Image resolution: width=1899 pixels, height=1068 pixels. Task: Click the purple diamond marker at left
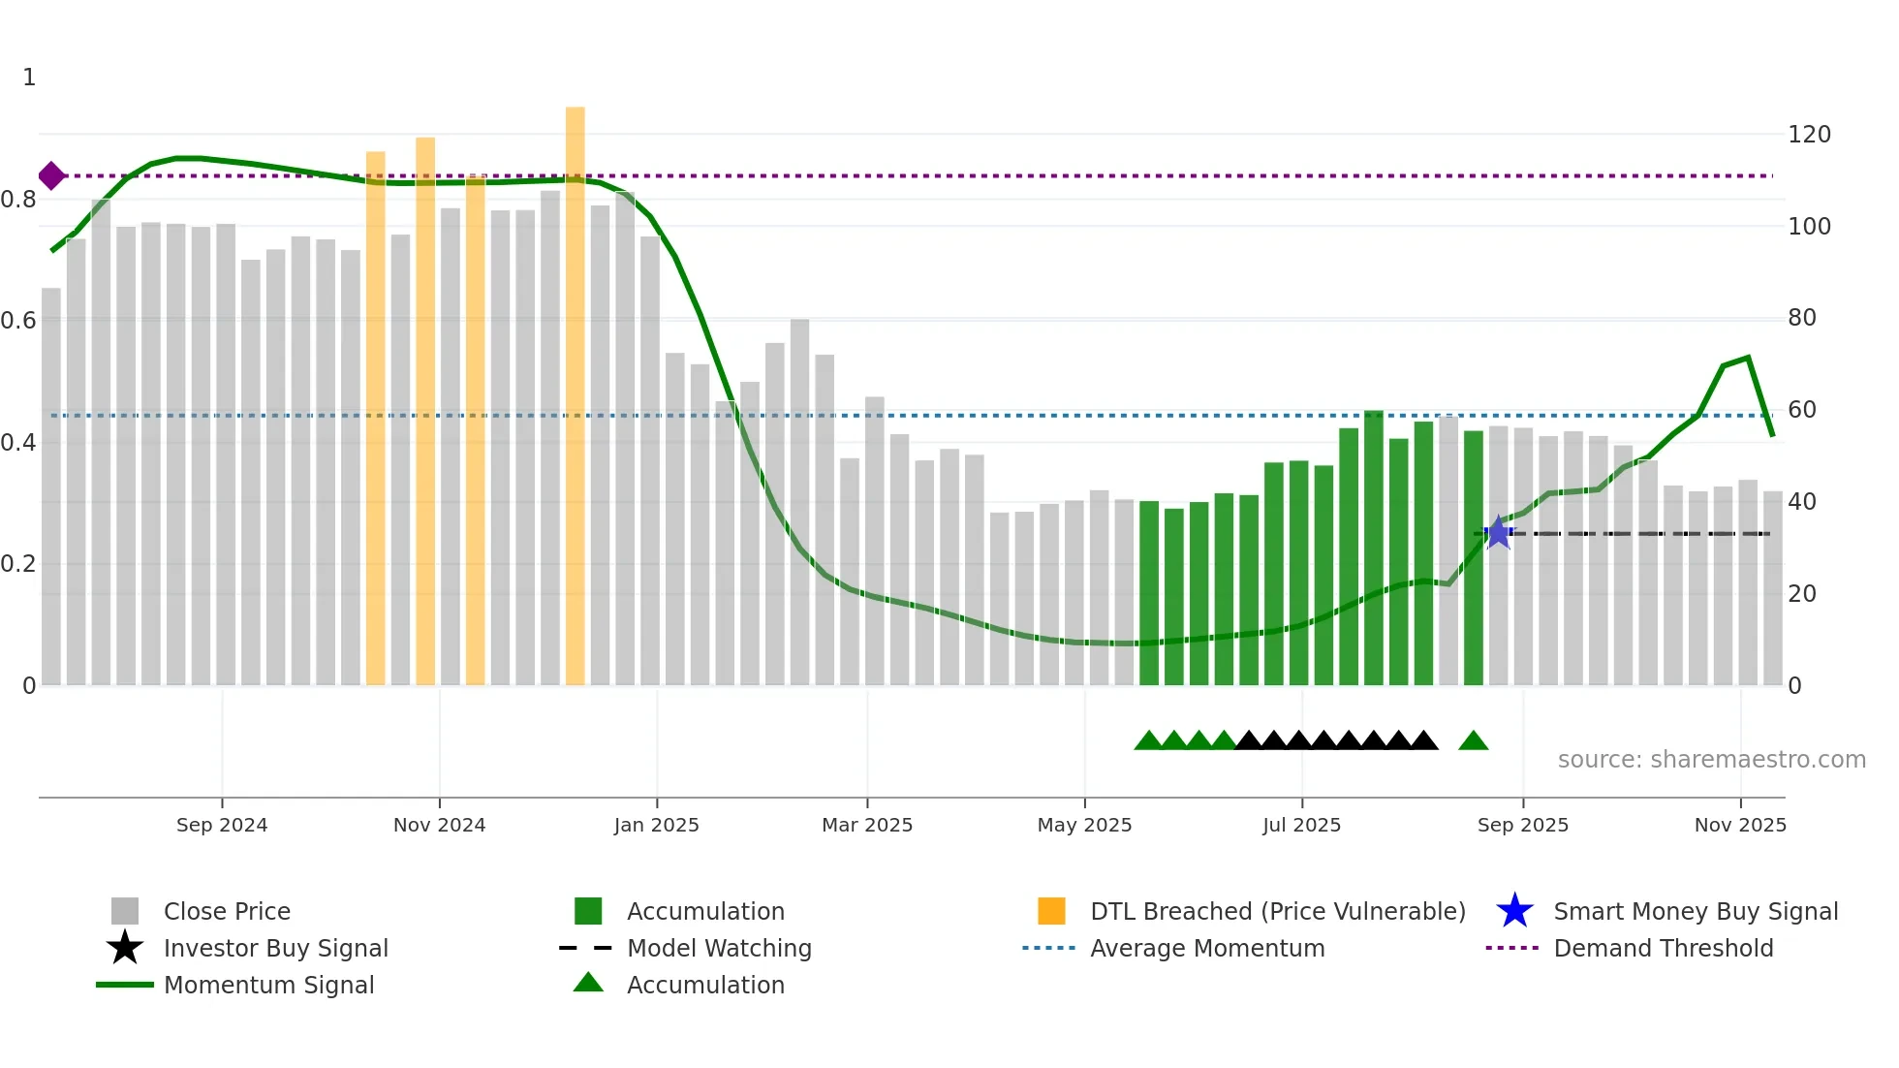(x=51, y=176)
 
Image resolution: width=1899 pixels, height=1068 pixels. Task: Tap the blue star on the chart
(x=1498, y=532)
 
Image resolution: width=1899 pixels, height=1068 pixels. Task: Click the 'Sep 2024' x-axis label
(x=222, y=825)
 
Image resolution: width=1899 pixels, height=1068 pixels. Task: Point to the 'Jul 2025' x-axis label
(x=1301, y=825)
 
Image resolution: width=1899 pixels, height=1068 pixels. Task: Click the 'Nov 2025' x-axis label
(x=1740, y=825)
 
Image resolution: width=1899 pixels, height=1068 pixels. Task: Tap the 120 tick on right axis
(x=1809, y=135)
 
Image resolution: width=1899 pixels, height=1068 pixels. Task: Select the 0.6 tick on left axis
(x=18, y=321)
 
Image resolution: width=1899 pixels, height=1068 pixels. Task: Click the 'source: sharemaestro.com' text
(x=1711, y=760)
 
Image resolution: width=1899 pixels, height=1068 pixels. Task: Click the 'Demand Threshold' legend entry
(x=1663, y=948)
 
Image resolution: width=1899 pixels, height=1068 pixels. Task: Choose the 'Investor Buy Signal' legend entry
(x=275, y=948)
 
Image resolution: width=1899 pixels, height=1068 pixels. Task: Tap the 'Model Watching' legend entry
(x=719, y=948)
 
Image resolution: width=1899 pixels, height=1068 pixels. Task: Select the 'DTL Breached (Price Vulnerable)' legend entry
(x=1277, y=911)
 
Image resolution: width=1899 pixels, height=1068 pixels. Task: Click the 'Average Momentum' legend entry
(x=1207, y=948)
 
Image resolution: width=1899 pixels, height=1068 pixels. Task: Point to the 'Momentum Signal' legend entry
(x=268, y=985)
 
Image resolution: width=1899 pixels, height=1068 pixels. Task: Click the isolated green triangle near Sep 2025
(x=1473, y=741)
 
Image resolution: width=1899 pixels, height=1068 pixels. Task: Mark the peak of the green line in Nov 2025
(x=1748, y=358)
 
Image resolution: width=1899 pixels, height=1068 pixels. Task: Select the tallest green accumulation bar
(x=1373, y=548)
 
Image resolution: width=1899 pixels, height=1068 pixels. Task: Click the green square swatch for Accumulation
(x=588, y=911)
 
